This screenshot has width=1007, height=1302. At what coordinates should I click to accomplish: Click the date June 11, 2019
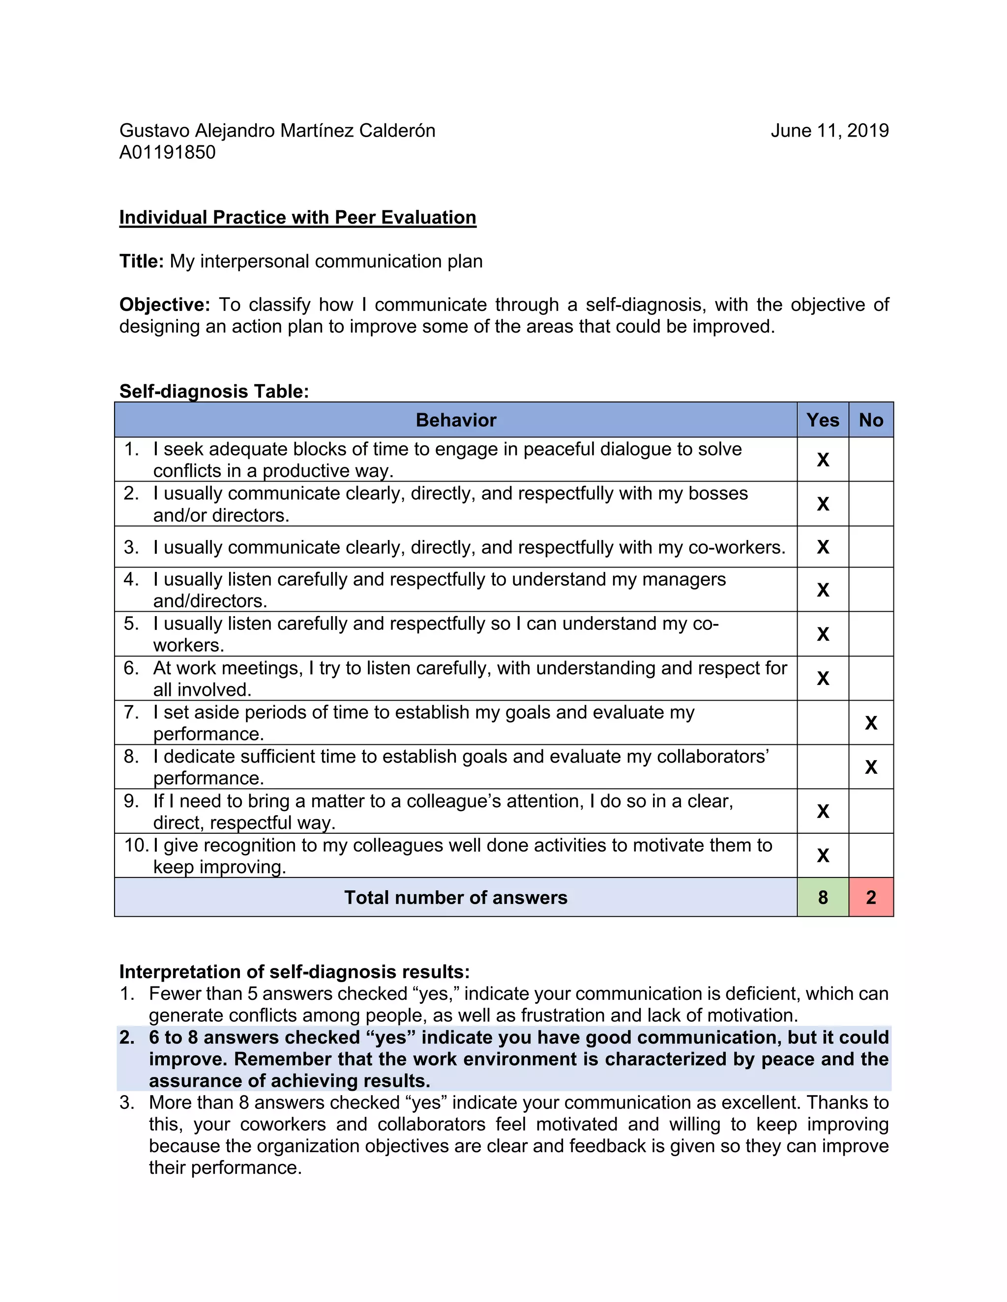coord(829,131)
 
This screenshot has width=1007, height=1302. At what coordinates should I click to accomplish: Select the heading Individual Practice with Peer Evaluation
coord(297,218)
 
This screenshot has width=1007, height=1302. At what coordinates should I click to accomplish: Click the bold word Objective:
coord(165,305)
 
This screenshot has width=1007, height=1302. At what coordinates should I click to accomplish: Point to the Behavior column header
coord(456,420)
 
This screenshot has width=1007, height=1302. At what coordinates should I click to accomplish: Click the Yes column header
coord(823,420)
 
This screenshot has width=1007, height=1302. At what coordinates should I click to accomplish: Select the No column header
coord(870,420)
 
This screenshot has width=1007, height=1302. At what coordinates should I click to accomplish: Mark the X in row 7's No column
coord(871,723)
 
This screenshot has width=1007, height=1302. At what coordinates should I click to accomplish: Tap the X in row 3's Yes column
coord(823,547)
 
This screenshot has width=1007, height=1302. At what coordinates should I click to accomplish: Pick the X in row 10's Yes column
coord(823,855)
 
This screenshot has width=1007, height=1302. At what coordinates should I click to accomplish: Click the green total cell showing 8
coord(823,897)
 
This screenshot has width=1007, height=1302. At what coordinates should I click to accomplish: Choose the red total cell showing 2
coord(871,897)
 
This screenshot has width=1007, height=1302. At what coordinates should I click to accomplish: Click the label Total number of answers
coord(456,898)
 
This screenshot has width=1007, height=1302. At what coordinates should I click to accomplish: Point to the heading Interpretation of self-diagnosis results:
coord(294,972)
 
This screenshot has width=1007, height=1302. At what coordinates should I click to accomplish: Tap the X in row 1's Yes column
coord(823,460)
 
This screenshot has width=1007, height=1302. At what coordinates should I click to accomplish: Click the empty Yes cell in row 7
coord(823,723)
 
